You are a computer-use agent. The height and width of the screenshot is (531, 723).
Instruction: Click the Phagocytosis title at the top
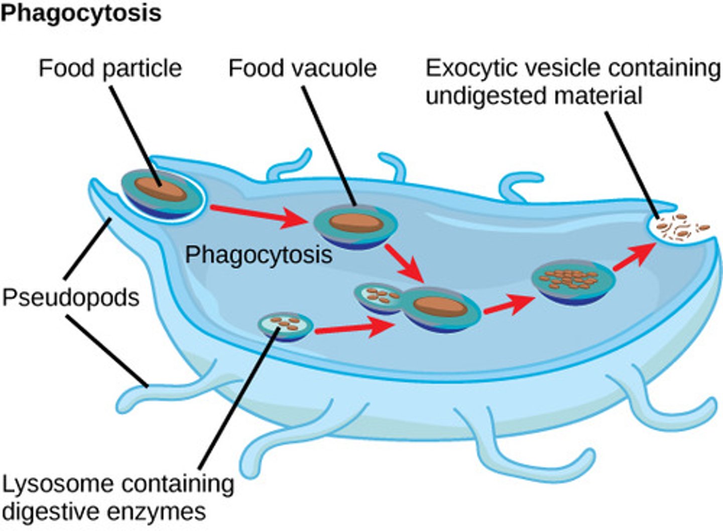(80, 14)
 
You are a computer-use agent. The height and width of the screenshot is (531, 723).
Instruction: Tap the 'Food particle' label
(110, 68)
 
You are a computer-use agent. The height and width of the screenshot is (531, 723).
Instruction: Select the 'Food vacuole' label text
(302, 68)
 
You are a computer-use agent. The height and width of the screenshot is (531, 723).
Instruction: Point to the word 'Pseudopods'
(71, 297)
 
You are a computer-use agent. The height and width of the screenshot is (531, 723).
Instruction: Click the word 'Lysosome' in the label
(57, 484)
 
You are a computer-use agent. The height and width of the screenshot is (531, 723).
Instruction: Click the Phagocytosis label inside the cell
(259, 255)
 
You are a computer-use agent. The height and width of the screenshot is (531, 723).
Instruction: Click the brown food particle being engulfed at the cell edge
(160, 190)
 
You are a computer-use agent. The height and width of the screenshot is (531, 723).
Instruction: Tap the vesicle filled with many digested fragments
(572, 280)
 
